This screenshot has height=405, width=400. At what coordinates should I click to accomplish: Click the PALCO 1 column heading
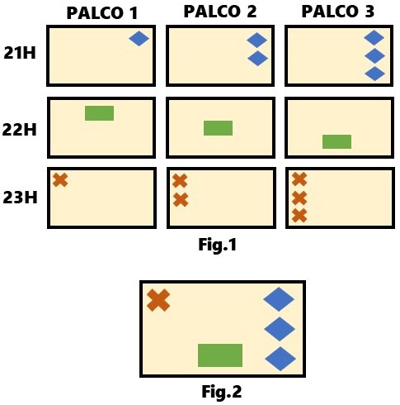[102, 13]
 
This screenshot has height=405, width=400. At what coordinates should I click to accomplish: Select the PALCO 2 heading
[220, 12]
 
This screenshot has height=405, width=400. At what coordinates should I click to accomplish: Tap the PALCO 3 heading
[338, 12]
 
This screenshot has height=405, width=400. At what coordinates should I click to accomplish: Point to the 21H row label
[20, 52]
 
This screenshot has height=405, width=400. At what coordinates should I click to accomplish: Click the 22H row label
[20, 129]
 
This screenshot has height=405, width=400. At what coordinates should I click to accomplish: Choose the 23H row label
[20, 198]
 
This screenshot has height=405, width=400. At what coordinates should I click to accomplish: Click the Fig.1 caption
[218, 245]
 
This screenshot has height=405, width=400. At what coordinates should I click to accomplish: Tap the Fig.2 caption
[222, 392]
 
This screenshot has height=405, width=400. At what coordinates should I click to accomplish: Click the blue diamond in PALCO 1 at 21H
[139, 39]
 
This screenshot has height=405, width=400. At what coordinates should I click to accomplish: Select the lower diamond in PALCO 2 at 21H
[258, 59]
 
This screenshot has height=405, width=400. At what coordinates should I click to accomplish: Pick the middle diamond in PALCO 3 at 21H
[374, 56]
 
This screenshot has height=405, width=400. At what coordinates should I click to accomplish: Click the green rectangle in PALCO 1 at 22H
[100, 113]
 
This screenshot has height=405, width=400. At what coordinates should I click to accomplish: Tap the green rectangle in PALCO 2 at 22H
[219, 128]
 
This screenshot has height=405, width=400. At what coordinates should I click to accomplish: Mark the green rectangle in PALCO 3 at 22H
[337, 142]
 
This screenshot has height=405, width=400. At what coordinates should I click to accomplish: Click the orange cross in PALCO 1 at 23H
[60, 180]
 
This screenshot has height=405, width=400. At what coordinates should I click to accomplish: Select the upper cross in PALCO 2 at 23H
[180, 181]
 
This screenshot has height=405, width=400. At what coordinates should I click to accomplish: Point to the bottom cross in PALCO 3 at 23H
[299, 216]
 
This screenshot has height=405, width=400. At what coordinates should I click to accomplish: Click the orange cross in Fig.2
[158, 300]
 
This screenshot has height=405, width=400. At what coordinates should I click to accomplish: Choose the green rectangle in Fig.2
[220, 355]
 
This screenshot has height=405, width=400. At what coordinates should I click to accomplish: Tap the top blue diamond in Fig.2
[279, 299]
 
